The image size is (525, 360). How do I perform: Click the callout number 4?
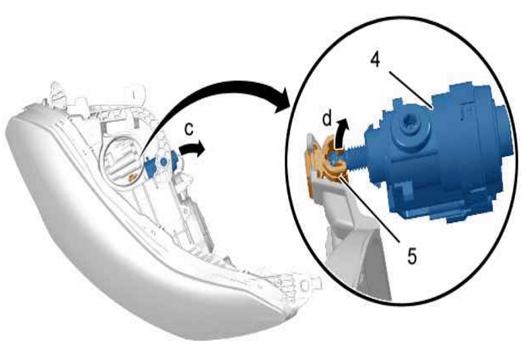point(376,60)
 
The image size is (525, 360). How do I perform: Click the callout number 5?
point(412,256)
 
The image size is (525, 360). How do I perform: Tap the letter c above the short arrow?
point(189,129)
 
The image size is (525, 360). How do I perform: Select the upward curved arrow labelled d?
point(340,134)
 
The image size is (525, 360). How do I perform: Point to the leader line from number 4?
point(412,90)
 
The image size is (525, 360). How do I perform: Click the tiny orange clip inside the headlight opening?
point(132,177)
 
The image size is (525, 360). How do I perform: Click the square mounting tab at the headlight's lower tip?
point(307,285)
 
